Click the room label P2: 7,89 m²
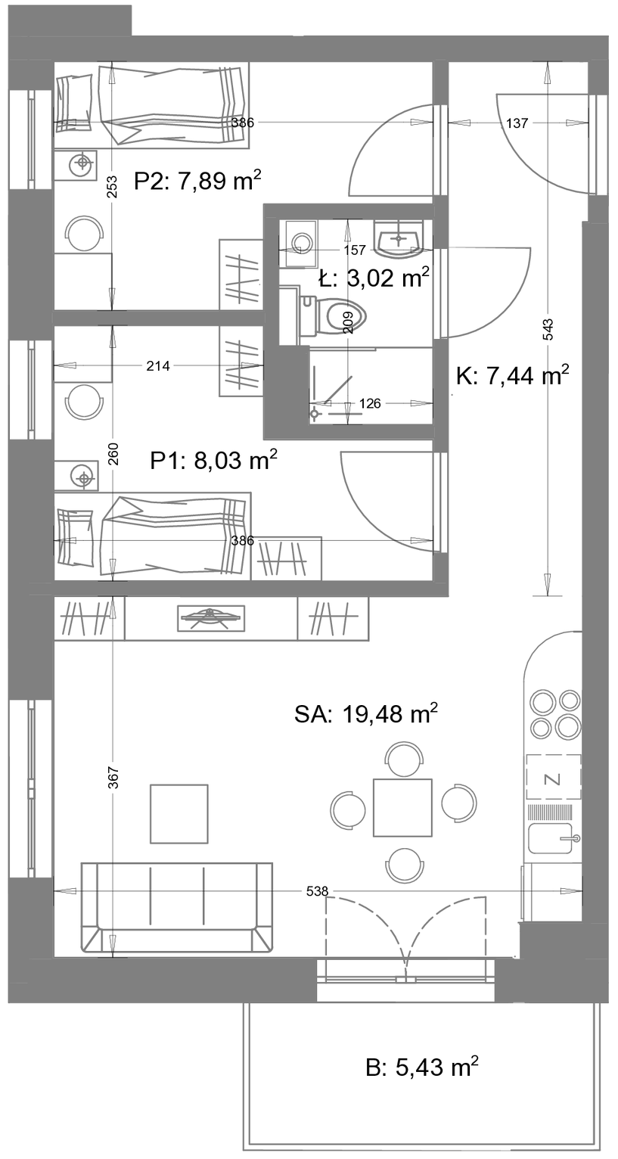pos(197,181)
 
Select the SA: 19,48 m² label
pos(366,714)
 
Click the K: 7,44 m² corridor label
pos(513,375)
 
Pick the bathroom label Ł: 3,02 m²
pos(374,278)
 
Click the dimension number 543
pos(548,329)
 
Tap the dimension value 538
pos(317,891)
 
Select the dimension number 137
pos(517,123)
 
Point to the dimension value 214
pos(158,366)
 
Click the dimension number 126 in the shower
pos(370,403)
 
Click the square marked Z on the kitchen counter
pos(553,777)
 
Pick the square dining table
pos(402,807)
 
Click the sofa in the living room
pos(177,906)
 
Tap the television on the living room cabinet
pos(210,618)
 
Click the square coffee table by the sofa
pos(179,814)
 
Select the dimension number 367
pos(114,777)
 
